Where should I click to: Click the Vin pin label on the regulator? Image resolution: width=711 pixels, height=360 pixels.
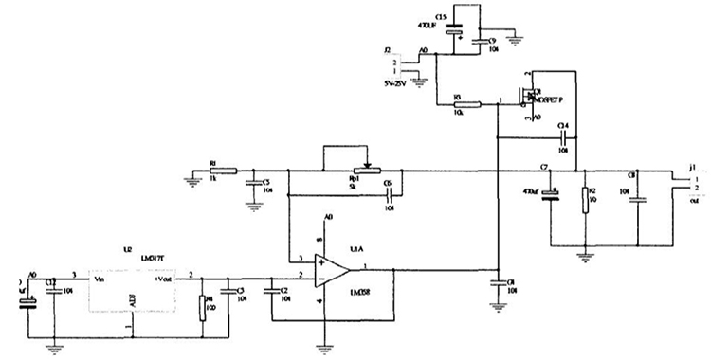point(99,279)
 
